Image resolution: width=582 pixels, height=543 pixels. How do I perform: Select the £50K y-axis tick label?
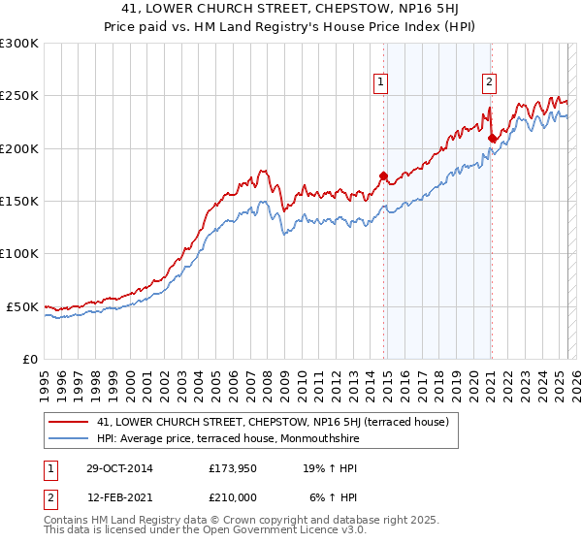tap(23, 306)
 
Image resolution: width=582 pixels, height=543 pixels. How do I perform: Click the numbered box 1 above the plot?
tap(382, 83)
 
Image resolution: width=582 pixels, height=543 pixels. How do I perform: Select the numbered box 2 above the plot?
tap(490, 83)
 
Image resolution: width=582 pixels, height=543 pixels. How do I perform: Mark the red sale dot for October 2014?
tap(383, 176)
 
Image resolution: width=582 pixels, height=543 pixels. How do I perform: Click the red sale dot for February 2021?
tap(492, 138)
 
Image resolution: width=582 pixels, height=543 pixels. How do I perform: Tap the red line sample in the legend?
tap(68, 422)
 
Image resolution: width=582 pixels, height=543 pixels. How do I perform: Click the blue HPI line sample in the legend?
tap(68, 438)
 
